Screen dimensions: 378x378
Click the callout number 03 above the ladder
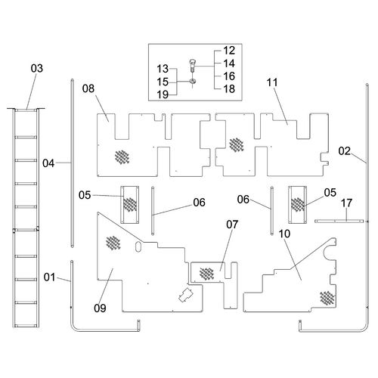37,68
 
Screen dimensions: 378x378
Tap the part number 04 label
48,163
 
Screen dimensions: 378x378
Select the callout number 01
49,277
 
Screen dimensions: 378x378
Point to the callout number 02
345,151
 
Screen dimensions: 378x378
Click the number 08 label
88,88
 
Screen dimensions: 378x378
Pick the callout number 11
272,82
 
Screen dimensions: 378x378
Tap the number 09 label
100,308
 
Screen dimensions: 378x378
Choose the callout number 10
284,234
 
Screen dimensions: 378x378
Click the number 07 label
232,225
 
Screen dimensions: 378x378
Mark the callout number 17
346,203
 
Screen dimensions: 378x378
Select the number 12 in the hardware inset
229,51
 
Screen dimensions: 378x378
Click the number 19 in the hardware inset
163,94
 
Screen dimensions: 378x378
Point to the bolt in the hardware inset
192,65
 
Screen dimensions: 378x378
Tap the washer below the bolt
192,81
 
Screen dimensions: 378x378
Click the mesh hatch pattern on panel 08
122,157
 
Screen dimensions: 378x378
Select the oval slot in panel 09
138,247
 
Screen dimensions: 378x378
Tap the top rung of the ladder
26,110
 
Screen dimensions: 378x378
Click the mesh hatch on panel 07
206,274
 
